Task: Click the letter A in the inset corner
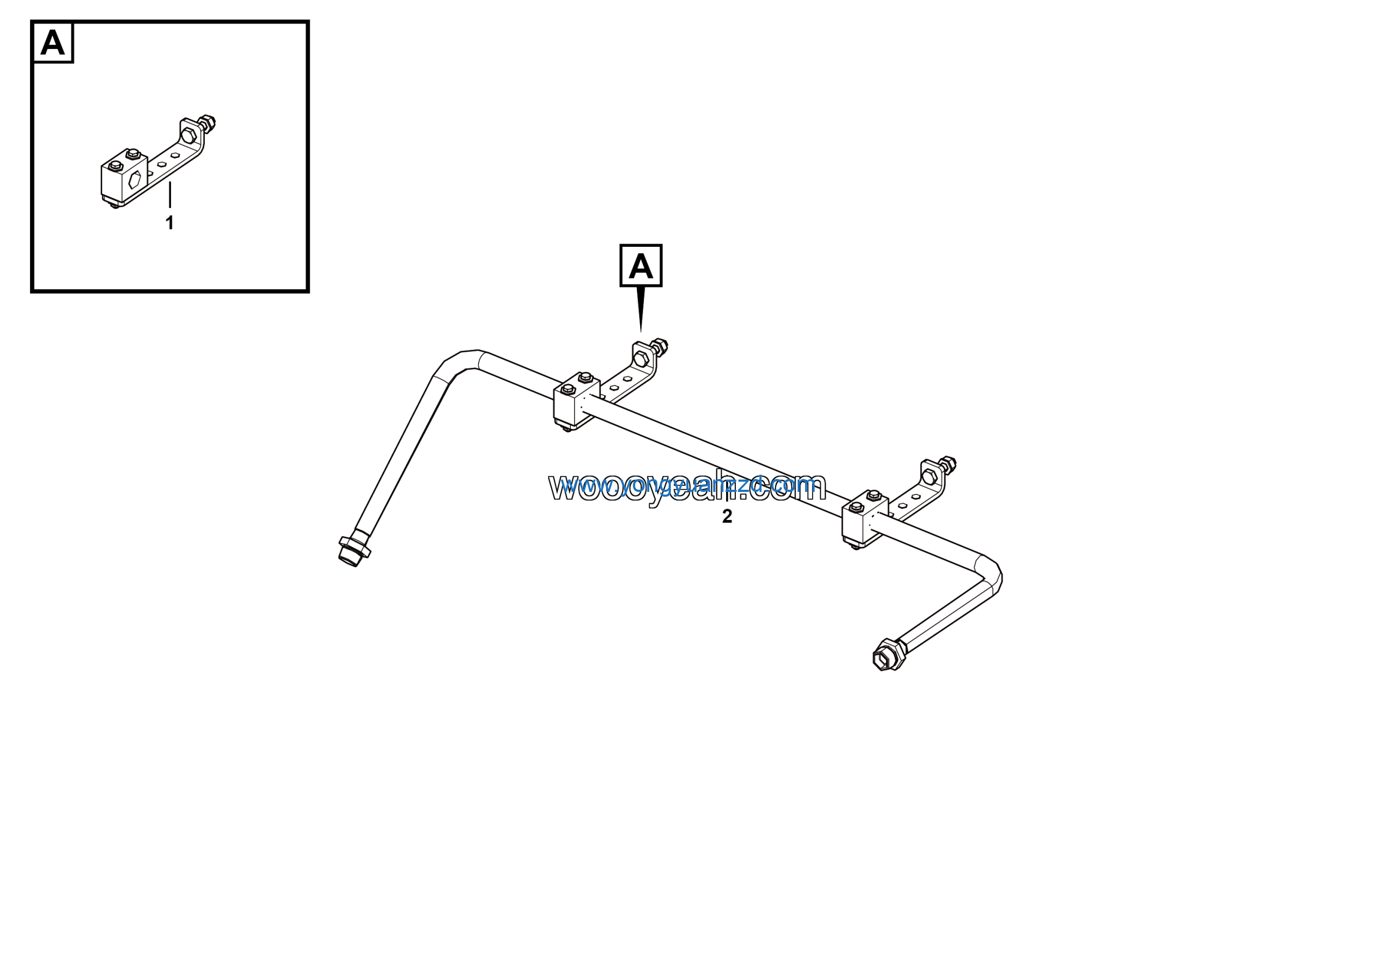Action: (x=53, y=42)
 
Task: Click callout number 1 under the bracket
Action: (x=170, y=223)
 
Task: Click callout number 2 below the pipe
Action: (x=727, y=517)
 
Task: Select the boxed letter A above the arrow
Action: (x=641, y=266)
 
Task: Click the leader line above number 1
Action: (x=170, y=195)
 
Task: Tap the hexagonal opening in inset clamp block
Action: (x=134, y=179)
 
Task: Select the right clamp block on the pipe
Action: (x=863, y=519)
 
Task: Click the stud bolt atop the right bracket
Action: (x=948, y=464)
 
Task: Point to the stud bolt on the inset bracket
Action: (x=207, y=124)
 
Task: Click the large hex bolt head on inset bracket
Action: (x=188, y=136)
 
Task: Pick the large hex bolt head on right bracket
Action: (x=929, y=477)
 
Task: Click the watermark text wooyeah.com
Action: (x=687, y=487)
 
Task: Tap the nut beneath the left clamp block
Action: (x=566, y=428)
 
